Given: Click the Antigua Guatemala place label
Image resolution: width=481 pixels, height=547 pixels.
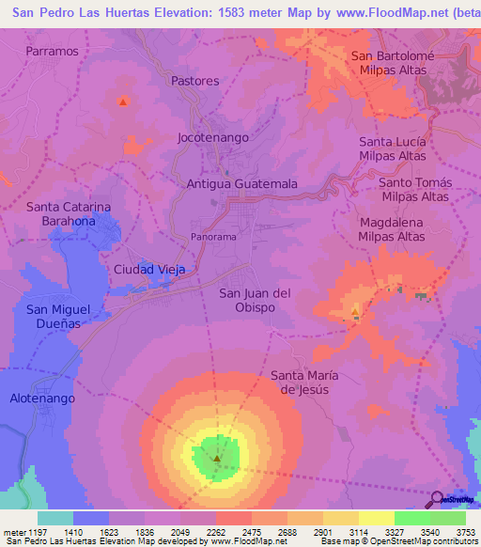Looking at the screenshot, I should point(242,184).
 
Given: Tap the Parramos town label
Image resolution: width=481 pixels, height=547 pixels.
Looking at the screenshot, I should point(53,51).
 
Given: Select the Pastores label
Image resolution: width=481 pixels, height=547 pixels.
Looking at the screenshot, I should point(195,81).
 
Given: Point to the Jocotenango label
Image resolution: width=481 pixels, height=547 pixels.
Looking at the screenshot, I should point(213,137).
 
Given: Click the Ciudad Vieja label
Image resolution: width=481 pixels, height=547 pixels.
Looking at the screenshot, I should point(149,270).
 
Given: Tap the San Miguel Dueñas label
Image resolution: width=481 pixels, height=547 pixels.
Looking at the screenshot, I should point(58,317).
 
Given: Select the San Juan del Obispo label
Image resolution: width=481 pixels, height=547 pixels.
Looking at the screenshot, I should point(255,300).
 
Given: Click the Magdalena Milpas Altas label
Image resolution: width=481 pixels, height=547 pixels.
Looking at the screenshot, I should point(392,229).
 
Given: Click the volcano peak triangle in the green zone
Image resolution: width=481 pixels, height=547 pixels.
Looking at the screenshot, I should point(217,460).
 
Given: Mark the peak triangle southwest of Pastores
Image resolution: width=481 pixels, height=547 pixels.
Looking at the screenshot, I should point(122,101).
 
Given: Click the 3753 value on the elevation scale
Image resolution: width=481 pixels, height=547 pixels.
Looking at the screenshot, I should point(466,531).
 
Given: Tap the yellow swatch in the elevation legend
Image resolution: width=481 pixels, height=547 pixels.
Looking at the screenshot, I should point(376,518).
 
